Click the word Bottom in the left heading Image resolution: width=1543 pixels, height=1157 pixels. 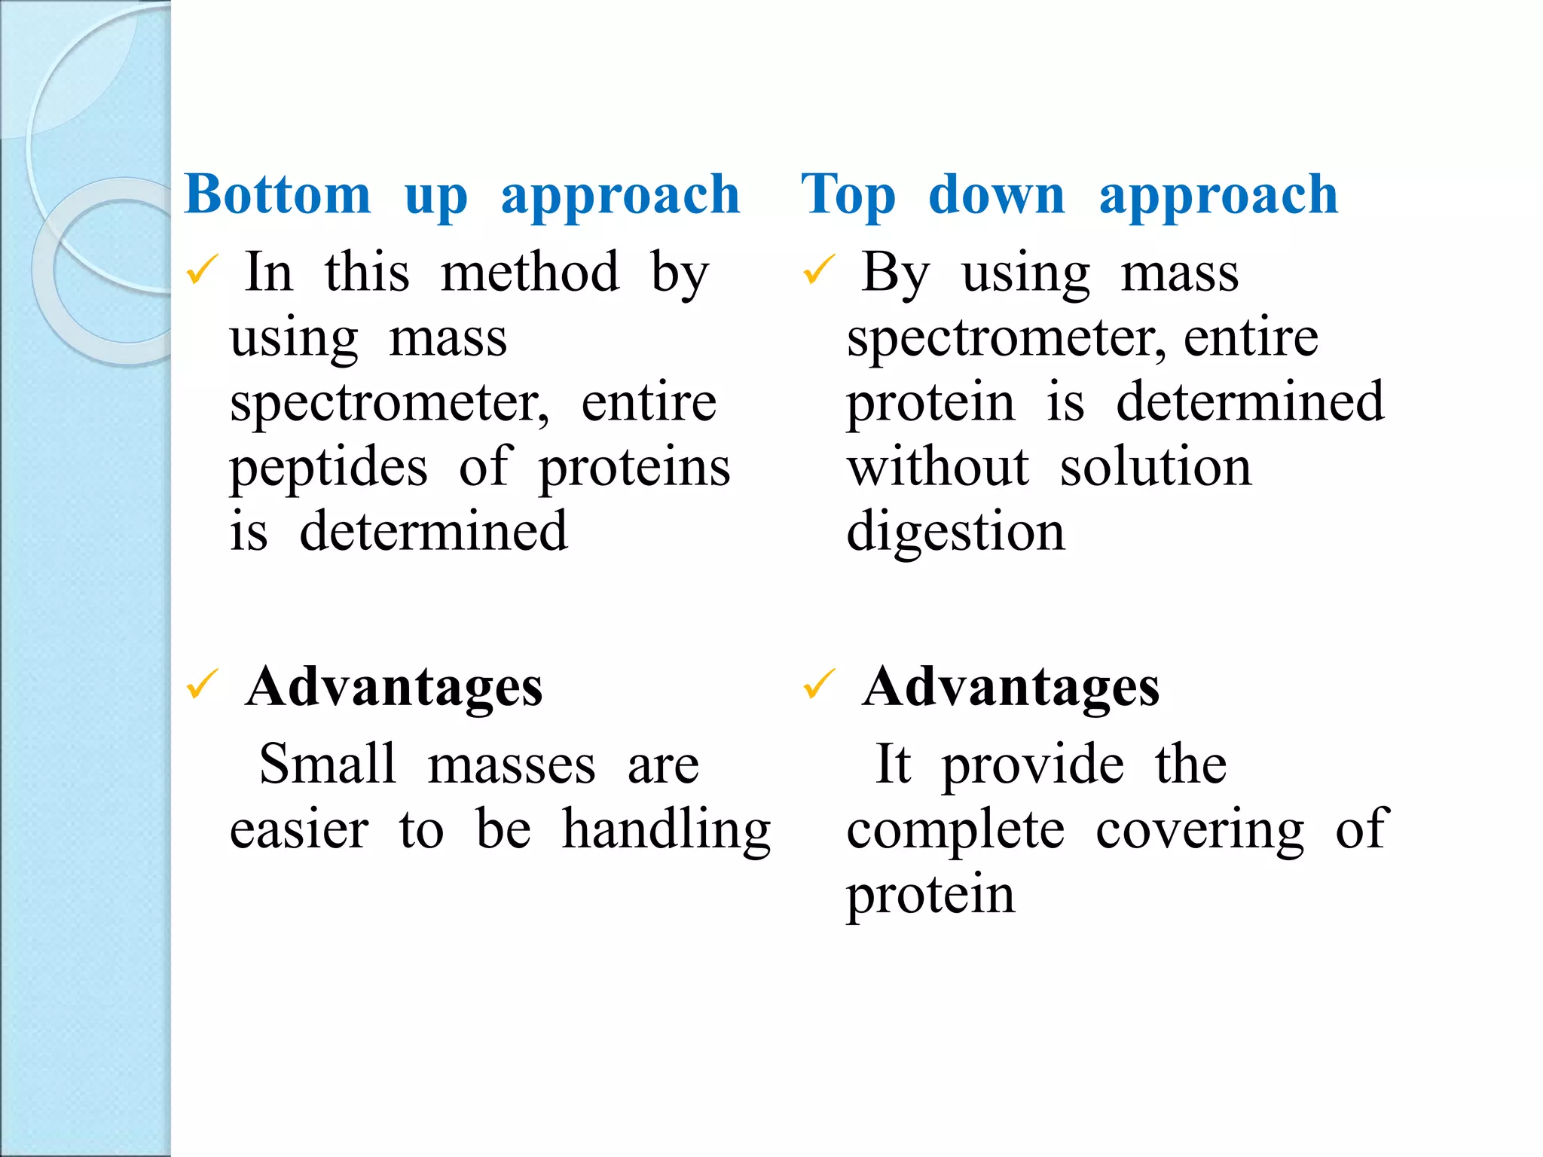(x=277, y=194)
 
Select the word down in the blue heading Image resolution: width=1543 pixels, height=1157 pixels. (x=996, y=194)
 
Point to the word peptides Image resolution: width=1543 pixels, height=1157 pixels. (x=328, y=469)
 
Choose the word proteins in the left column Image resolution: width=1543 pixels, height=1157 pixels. (x=634, y=469)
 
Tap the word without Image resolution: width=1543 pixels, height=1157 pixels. (x=937, y=467)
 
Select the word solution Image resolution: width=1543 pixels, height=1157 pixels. (x=1155, y=467)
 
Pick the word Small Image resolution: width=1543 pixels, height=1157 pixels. (x=328, y=764)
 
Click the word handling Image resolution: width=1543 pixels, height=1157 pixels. (x=667, y=830)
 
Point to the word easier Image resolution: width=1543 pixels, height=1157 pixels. (x=299, y=830)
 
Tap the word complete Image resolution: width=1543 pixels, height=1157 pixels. (x=955, y=830)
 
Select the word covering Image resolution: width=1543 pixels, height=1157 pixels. (x=1199, y=830)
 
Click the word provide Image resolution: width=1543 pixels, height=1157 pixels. (x=1033, y=765)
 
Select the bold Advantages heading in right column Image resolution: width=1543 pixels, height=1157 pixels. (x=1011, y=687)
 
